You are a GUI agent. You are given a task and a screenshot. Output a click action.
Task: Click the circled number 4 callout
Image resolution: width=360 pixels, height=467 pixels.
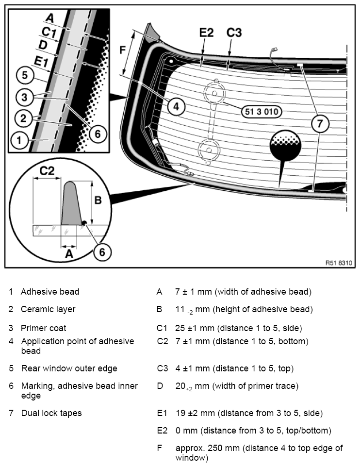(x=176, y=106)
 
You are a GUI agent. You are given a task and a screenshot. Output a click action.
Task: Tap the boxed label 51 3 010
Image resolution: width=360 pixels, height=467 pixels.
(x=262, y=112)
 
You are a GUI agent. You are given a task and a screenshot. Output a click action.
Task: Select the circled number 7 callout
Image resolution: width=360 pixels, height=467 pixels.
(x=320, y=123)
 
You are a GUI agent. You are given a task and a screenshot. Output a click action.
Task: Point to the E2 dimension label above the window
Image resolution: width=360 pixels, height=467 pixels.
(x=206, y=33)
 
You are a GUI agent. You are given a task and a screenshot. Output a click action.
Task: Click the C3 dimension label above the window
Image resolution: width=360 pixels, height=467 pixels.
(x=234, y=33)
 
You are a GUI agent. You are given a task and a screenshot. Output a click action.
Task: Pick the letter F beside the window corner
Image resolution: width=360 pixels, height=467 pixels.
(x=122, y=50)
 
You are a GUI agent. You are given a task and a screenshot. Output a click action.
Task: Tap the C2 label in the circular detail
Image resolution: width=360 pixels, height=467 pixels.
(x=47, y=171)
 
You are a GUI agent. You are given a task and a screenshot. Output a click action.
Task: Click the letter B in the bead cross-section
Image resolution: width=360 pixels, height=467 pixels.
(x=98, y=200)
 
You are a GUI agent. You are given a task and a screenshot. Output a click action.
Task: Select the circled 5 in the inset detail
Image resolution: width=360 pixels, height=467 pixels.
(x=24, y=75)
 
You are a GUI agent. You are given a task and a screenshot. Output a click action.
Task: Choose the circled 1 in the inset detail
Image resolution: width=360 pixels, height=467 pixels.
(x=19, y=140)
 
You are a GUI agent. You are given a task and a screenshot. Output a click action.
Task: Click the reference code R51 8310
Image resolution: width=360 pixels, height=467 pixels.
(x=339, y=263)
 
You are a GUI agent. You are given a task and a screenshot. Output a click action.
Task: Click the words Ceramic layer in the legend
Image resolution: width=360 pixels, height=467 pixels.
(x=48, y=309)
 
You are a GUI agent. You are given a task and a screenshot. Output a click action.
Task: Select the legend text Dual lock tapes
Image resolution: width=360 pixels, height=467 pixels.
(x=51, y=413)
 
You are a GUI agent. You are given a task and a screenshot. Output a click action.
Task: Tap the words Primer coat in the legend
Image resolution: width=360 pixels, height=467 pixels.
(x=44, y=328)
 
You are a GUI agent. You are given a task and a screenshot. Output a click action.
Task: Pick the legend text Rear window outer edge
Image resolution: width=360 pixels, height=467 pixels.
(x=69, y=368)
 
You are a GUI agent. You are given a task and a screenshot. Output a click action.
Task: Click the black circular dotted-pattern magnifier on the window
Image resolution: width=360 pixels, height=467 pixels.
(x=285, y=146)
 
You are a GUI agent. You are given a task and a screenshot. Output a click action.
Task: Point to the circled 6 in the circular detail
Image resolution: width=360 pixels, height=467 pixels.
(x=102, y=252)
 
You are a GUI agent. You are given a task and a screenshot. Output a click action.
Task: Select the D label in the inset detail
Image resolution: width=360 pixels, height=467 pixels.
(x=43, y=45)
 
